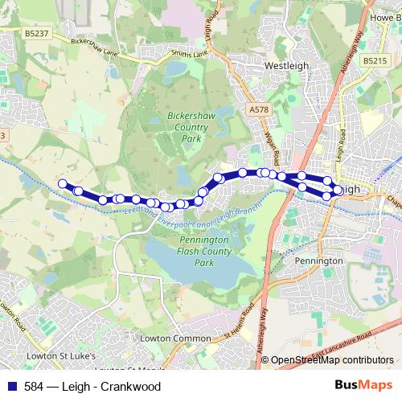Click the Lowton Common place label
point(174,338)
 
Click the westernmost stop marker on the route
point(63,183)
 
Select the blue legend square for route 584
point(10,387)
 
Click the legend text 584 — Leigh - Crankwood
point(92,387)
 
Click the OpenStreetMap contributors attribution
point(332,361)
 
